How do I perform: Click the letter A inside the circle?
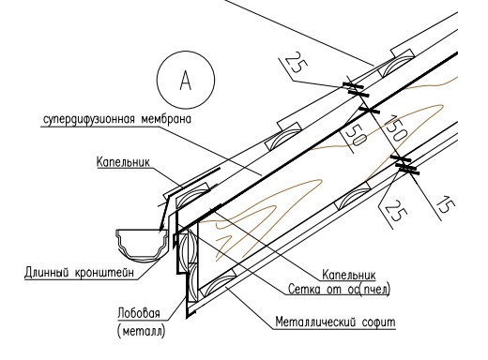(186, 80)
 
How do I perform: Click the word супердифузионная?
(89, 119)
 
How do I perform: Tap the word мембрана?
(166, 119)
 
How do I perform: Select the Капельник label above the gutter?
(123, 162)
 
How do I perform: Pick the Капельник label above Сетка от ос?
(349, 275)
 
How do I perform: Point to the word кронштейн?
(104, 272)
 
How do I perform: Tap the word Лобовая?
(139, 312)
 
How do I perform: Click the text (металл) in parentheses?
(141, 331)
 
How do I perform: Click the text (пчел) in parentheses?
(375, 290)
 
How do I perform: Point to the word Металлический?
(316, 322)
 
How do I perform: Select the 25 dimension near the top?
(296, 63)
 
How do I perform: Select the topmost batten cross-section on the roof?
(396, 64)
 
